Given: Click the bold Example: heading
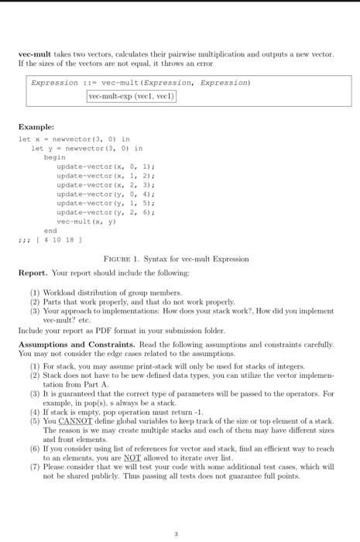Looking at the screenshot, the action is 36,126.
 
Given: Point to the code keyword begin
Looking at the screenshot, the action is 55,157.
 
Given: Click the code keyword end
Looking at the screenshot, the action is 50,230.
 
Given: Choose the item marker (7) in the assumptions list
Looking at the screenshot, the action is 36,467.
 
